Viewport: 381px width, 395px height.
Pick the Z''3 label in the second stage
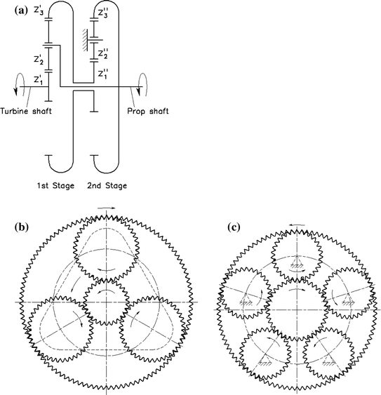click(104, 11)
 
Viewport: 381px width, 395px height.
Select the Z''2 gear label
click(103, 53)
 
